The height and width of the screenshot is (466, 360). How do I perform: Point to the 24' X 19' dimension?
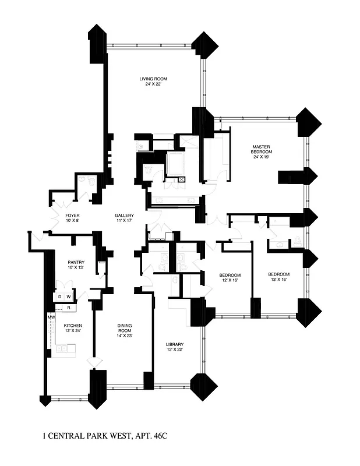click(262, 157)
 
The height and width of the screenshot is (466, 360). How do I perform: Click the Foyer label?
click(72, 216)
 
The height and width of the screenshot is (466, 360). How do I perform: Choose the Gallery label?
click(124, 216)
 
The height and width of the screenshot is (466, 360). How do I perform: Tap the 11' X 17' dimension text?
click(124, 221)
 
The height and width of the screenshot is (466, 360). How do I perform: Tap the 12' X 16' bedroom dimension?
click(230, 281)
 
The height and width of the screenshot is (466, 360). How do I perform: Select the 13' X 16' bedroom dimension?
click(278, 280)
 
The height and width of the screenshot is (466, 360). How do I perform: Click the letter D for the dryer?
click(59, 297)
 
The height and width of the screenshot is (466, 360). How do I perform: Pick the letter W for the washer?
click(68, 297)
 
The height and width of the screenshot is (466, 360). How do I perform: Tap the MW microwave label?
click(51, 317)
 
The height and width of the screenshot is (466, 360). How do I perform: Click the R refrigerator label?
click(68, 307)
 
